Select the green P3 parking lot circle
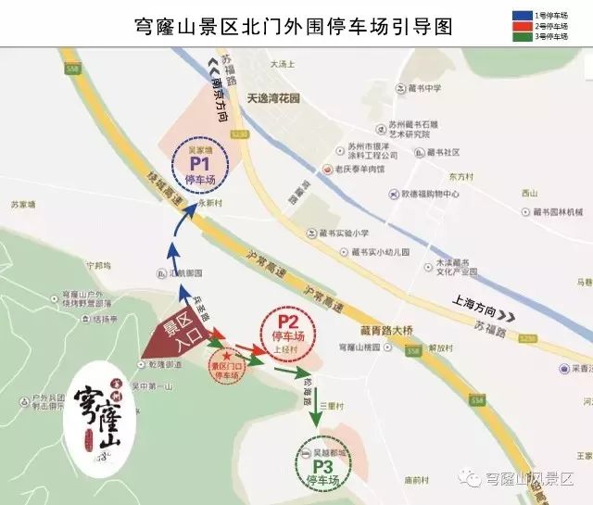click(321, 468)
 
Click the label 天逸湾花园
click(273, 97)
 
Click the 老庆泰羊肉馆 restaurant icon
click(328, 170)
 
